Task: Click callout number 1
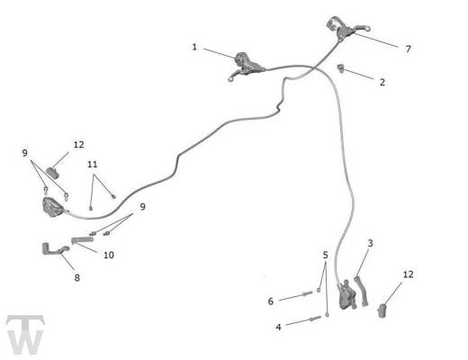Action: click(194, 47)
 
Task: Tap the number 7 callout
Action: click(408, 49)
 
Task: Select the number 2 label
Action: click(382, 82)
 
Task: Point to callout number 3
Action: click(370, 243)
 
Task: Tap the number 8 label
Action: click(77, 278)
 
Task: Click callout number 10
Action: click(109, 255)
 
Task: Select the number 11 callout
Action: click(93, 165)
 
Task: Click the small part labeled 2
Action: click(340, 68)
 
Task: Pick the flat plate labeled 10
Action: click(82, 239)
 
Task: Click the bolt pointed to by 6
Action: click(308, 293)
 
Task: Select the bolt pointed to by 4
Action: click(315, 319)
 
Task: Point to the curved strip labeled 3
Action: click(362, 291)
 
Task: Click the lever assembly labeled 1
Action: click(246, 67)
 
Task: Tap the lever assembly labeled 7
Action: click(345, 29)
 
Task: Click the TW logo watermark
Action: click(25, 334)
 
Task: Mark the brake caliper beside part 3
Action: click(346, 295)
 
